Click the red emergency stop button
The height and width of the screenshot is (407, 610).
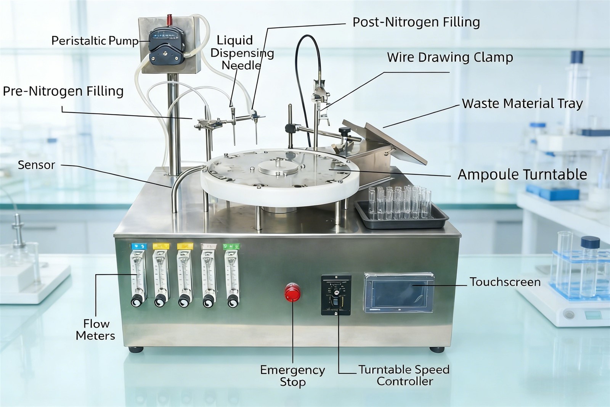(292, 292)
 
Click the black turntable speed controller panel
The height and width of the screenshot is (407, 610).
(336, 295)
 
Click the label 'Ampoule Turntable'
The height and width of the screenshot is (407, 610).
(522, 174)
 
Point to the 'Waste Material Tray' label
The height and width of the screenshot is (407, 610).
(522, 104)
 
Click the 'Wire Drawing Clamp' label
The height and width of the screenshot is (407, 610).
(450, 58)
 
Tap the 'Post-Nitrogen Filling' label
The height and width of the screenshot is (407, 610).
(416, 23)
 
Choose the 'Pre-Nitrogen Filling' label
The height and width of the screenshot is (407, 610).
(63, 91)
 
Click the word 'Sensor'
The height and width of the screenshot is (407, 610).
(37, 165)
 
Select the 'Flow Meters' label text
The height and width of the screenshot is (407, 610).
(95, 330)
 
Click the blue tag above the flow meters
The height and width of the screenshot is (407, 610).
(139, 246)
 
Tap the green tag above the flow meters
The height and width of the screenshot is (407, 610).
(231, 246)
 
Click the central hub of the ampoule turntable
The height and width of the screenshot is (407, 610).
(278, 167)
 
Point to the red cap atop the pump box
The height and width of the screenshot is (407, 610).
(169, 19)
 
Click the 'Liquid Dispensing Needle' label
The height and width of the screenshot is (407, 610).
(242, 53)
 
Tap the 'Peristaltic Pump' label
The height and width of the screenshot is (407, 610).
(95, 41)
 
